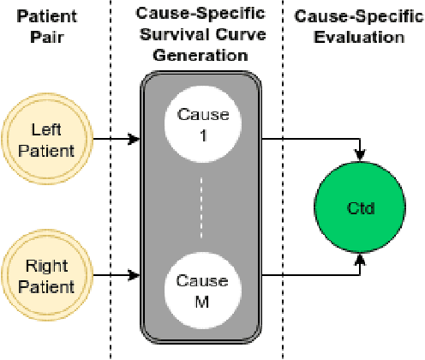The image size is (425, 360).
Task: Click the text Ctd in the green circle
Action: [x=361, y=207]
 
